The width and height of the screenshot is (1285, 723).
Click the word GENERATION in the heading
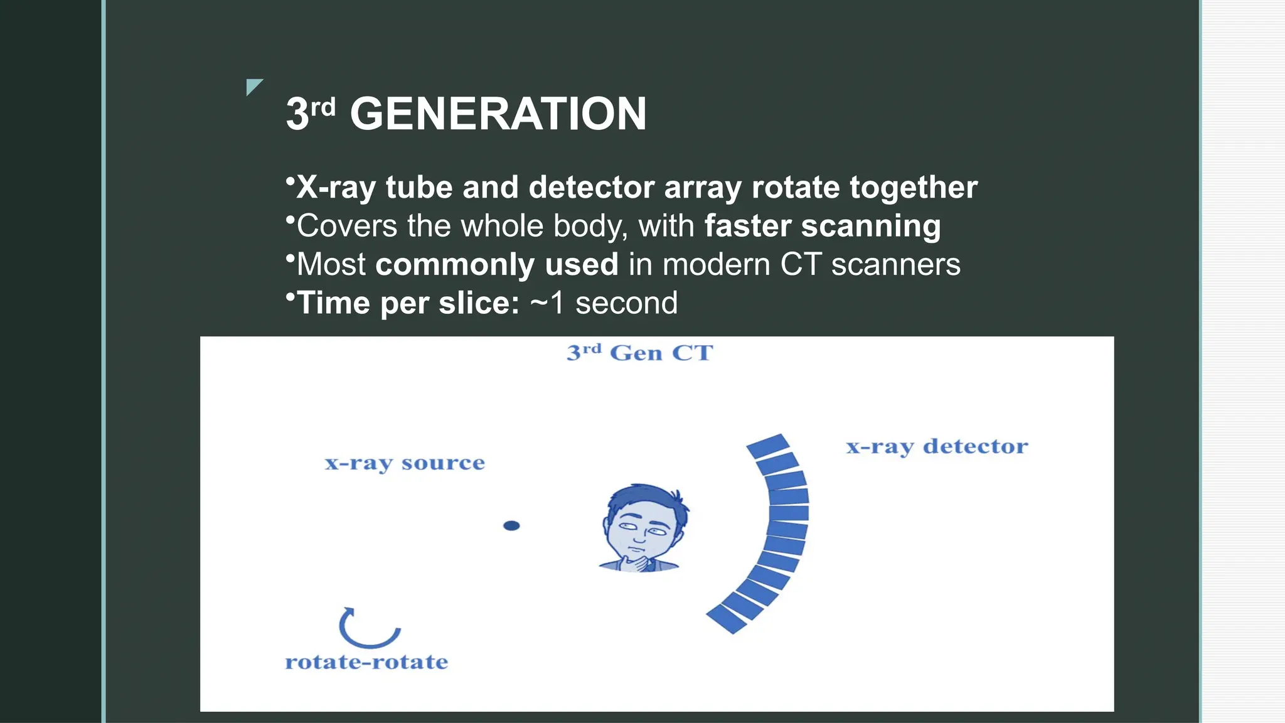[498, 114]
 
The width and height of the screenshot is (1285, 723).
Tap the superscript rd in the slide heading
[323, 107]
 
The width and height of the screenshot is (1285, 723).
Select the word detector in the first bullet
[592, 188]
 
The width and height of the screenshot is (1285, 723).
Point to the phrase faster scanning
[822, 226]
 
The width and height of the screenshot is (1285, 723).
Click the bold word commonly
[454, 265]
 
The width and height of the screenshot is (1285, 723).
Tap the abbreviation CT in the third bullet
[801, 265]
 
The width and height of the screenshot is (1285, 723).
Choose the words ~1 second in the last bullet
[604, 303]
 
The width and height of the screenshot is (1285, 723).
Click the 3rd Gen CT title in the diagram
[639, 353]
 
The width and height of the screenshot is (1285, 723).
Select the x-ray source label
[405, 463]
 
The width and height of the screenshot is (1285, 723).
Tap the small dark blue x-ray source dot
[511, 526]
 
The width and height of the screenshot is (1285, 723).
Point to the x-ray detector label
[937, 447]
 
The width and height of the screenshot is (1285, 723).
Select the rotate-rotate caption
[366, 662]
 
